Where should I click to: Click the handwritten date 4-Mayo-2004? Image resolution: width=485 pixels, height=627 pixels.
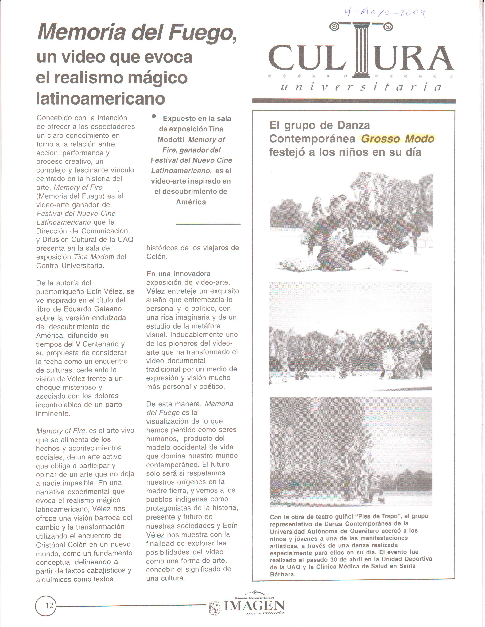point(385,12)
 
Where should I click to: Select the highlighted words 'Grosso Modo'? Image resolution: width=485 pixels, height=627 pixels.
point(397,139)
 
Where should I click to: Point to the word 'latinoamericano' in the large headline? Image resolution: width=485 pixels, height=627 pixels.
point(101,98)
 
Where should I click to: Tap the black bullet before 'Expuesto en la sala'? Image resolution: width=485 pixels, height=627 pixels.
point(154,116)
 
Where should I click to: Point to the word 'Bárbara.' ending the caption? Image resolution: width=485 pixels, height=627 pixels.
point(283,574)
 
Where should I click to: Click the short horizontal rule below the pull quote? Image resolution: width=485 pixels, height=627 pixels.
point(208,224)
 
